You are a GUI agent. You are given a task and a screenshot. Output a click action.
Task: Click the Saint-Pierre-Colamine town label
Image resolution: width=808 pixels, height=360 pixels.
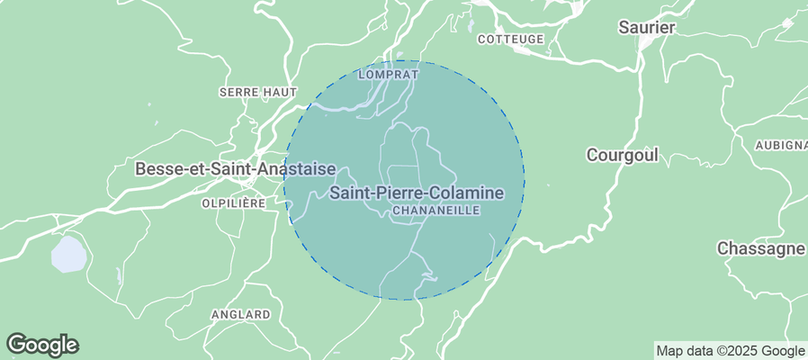pyautogui.click(x=416, y=193)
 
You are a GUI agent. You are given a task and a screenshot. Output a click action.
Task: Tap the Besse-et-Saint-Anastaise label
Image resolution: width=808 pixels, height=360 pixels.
pyautogui.click(x=235, y=168)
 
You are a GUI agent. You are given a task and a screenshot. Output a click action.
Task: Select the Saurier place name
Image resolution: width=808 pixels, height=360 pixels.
pyautogui.click(x=646, y=28)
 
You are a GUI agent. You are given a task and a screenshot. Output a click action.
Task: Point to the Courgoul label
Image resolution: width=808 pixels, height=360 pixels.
pyautogui.click(x=622, y=155)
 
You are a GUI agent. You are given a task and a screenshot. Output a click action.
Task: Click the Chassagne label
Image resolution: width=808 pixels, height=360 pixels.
pyautogui.click(x=760, y=248)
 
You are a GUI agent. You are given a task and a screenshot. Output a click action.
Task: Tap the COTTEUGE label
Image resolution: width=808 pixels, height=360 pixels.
pyautogui.click(x=511, y=39)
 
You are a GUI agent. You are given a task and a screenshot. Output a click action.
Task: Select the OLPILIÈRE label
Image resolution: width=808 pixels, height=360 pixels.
pyautogui.click(x=232, y=203)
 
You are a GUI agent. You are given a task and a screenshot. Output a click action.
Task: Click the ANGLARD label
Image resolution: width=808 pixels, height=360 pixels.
pyautogui.click(x=240, y=314)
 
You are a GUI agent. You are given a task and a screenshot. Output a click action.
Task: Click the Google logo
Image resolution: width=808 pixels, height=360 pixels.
pyautogui.click(x=42, y=344)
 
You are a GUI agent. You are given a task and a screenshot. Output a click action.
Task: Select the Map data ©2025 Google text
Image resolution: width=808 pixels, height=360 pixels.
pyautogui.click(x=730, y=351)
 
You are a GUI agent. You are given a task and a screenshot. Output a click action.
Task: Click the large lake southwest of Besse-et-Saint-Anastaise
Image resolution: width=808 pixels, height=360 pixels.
pyautogui.click(x=68, y=255)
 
